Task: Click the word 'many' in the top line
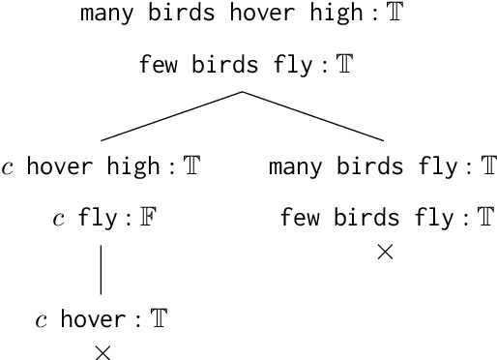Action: click(x=103, y=15)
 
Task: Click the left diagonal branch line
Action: click(x=171, y=116)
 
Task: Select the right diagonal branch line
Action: click(x=314, y=116)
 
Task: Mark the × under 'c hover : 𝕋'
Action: click(x=102, y=352)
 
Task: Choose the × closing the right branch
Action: click(x=384, y=253)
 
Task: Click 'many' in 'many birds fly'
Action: click(x=291, y=167)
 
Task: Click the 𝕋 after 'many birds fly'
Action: click(x=489, y=167)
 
